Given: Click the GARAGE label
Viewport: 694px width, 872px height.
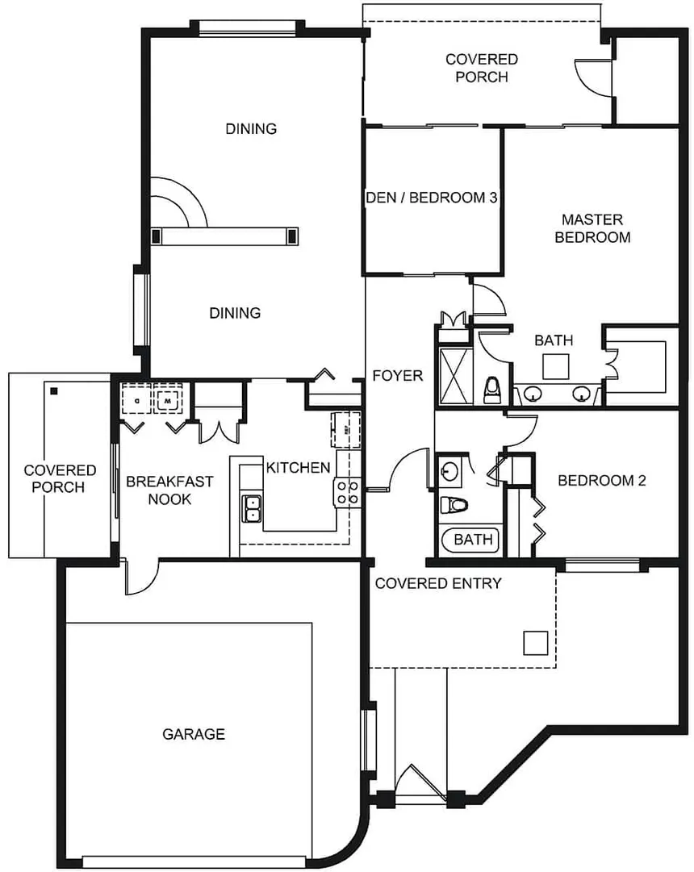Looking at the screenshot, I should pyautogui.click(x=194, y=734).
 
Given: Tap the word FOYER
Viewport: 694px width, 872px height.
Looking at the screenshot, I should pyautogui.click(x=397, y=376).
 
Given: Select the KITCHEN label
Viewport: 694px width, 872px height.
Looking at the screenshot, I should pyautogui.click(x=298, y=468).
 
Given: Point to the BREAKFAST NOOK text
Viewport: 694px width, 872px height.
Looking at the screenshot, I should pyautogui.click(x=169, y=490).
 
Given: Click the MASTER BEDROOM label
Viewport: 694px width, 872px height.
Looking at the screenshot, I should pyautogui.click(x=593, y=228).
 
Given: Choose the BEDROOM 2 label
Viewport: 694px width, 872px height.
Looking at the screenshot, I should pyautogui.click(x=602, y=481).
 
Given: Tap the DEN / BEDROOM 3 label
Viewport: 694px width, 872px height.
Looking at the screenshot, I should pyautogui.click(x=431, y=198).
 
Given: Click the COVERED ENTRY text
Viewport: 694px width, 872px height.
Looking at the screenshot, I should pyautogui.click(x=438, y=583).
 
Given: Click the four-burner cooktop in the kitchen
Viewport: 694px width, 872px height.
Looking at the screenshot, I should pyautogui.click(x=348, y=491).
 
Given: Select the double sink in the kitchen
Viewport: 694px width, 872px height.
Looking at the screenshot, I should pyautogui.click(x=253, y=508).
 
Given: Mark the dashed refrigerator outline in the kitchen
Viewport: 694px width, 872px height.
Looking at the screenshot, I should pyautogui.click(x=346, y=428).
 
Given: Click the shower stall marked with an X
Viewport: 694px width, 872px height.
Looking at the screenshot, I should pyautogui.click(x=452, y=376).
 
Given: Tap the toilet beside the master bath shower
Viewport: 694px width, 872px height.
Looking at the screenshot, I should pyautogui.click(x=491, y=390).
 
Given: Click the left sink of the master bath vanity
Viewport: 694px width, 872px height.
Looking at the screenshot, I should pyautogui.click(x=533, y=394).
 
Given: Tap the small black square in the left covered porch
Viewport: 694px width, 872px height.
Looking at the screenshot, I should pyautogui.click(x=54, y=391).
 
